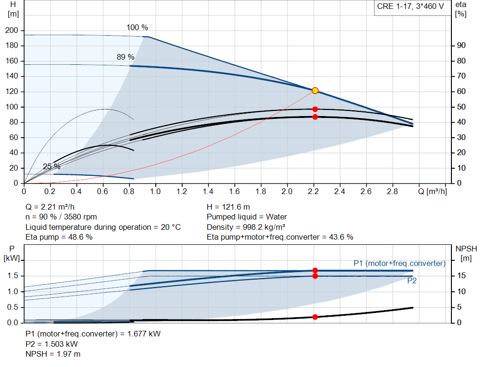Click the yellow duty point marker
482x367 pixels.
(x=315, y=91)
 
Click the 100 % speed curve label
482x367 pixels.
(x=137, y=28)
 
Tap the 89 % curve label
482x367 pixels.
(x=125, y=57)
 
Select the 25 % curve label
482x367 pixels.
(x=51, y=167)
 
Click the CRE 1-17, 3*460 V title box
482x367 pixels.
(x=410, y=7)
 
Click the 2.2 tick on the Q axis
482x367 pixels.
(x=313, y=192)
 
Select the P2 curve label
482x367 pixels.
(x=412, y=281)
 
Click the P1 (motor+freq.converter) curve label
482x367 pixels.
(x=399, y=263)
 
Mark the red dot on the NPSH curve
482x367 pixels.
(x=315, y=317)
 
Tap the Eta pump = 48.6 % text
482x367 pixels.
(x=59, y=237)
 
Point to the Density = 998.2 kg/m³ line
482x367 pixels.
(x=246, y=227)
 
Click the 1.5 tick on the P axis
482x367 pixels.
(x=13, y=276)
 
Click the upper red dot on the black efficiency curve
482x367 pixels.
(x=315, y=109)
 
